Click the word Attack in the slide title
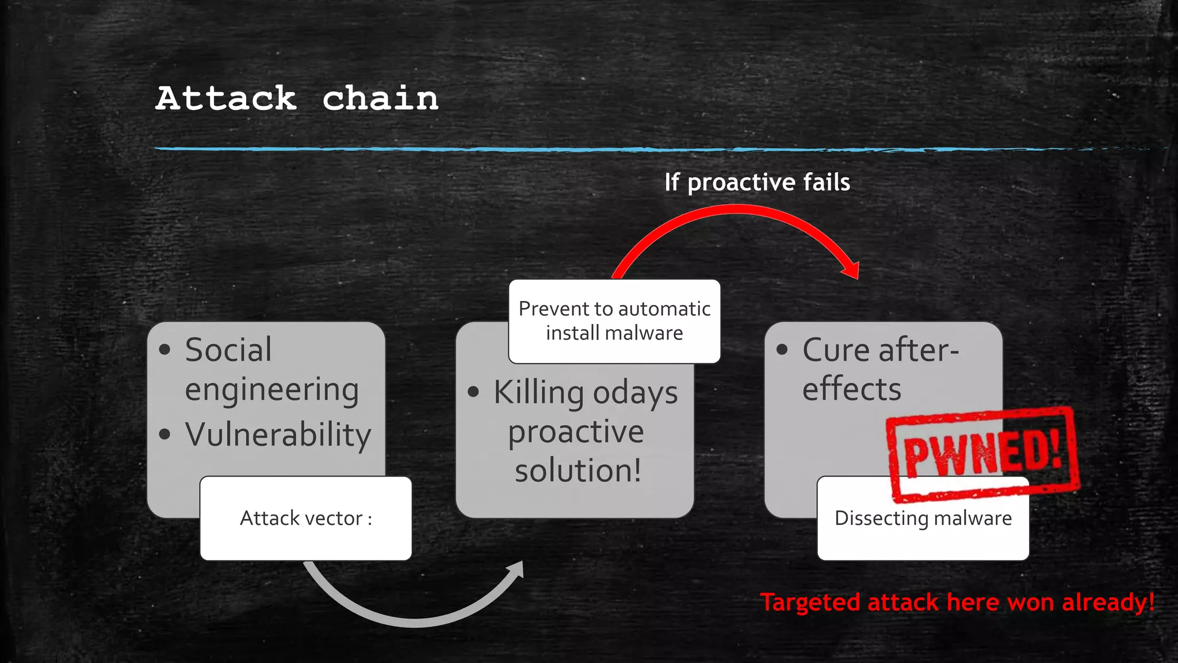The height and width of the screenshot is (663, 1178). (x=226, y=98)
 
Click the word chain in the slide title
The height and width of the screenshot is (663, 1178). (x=380, y=98)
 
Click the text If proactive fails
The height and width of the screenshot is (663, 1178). (x=757, y=182)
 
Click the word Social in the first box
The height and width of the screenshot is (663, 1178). (x=228, y=350)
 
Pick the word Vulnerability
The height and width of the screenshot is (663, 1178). (x=278, y=435)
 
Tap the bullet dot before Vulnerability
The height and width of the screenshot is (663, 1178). (x=165, y=434)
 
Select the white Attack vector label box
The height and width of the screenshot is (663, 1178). (x=306, y=519)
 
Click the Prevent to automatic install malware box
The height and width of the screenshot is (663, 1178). (x=614, y=321)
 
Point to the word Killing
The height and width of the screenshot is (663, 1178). (x=538, y=393)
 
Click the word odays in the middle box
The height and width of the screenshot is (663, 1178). (x=636, y=394)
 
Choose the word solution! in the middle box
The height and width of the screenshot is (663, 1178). (x=578, y=471)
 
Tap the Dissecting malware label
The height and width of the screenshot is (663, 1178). (x=923, y=519)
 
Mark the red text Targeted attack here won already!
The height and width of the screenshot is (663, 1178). (x=957, y=603)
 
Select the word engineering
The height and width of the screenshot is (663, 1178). (x=272, y=390)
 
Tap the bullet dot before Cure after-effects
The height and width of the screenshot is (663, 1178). (x=782, y=349)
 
